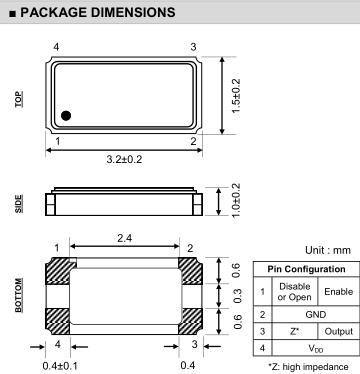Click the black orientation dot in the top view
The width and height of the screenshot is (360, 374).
pos(66,116)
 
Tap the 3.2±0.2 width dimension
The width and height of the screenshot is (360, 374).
pos(124,159)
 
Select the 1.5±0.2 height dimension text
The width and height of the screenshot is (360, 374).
pos(236,96)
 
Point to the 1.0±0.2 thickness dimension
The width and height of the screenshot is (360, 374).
pos(236,200)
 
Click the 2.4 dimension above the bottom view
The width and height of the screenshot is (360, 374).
pos(124,238)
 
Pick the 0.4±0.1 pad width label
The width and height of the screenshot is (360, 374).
pos(60,366)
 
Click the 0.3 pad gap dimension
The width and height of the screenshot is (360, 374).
pos(236,296)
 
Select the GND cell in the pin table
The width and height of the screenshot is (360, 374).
pos(316,314)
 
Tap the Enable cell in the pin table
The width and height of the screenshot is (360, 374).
pos(339,291)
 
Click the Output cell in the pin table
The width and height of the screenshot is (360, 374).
pos(339,331)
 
